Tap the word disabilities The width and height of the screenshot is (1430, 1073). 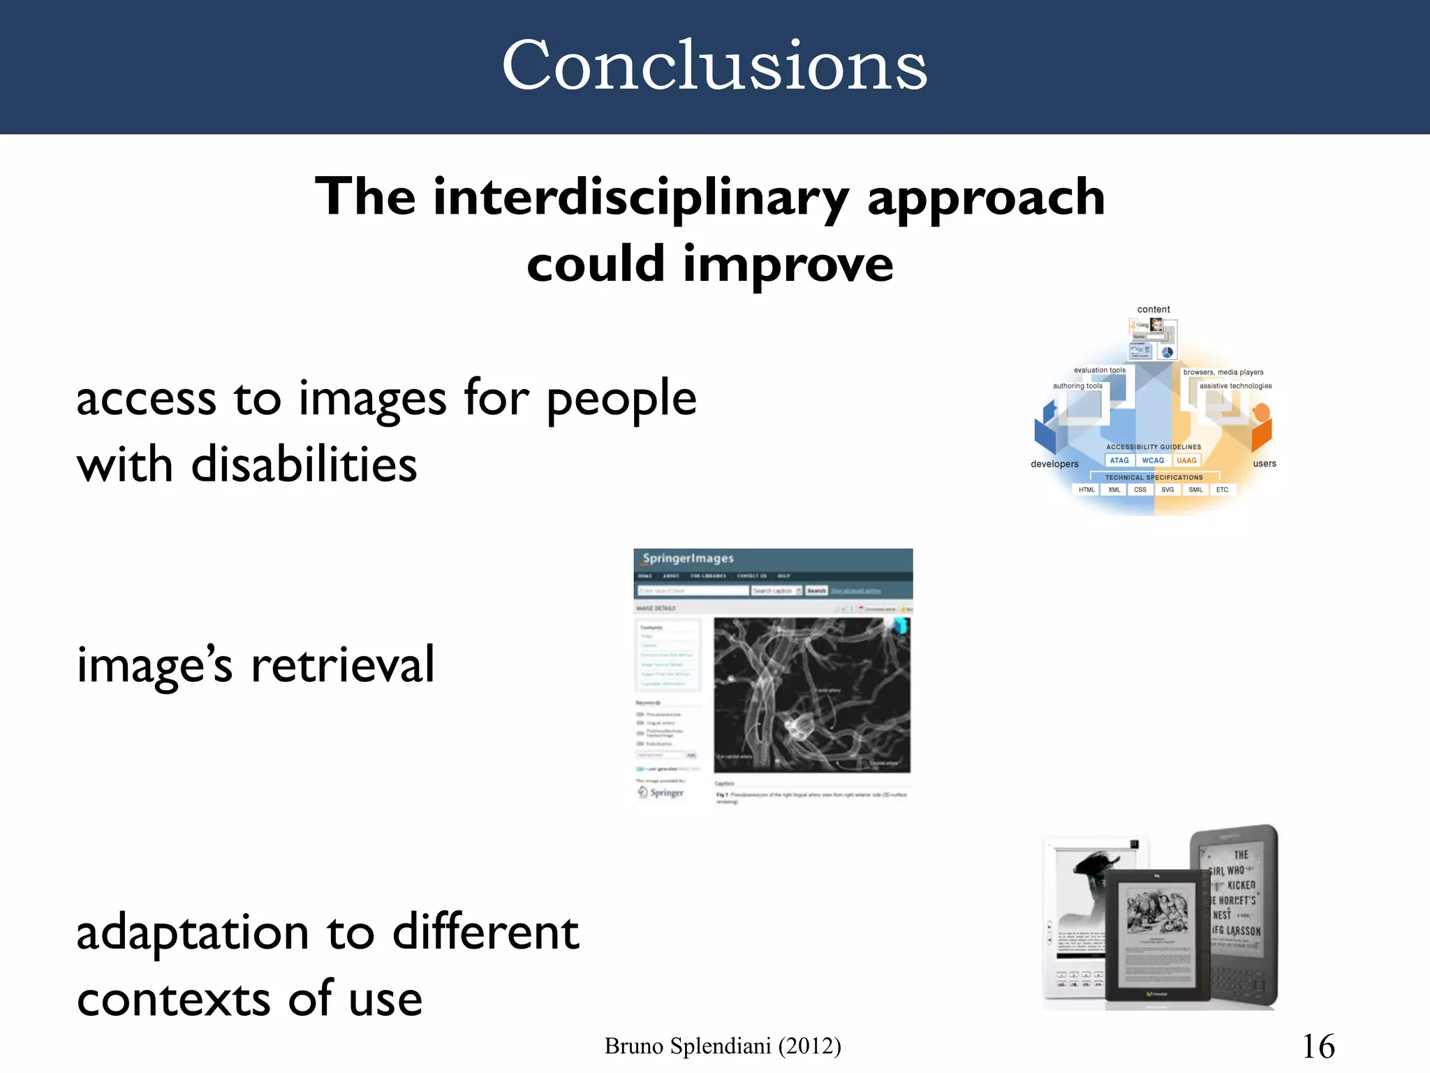pyautogui.click(x=304, y=465)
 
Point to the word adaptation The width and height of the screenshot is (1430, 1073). pyautogui.click(x=193, y=933)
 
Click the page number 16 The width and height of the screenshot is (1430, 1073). pyautogui.click(x=1318, y=1046)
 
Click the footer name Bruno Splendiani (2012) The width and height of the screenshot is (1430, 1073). pyautogui.click(x=722, y=1046)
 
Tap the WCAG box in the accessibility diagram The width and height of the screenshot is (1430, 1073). pyautogui.click(x=1153, y=460)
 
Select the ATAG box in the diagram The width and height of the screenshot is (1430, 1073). pyautogui.click(x=1119, y=460)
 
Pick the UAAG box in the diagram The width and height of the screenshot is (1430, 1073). pyautogui.click(x=1186, y=460)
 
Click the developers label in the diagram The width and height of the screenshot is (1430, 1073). pyautogui.click(x=1054, y=464)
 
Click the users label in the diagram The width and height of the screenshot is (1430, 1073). pyautogui.click(x=1265, y=463)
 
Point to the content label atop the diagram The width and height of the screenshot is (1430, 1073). pyautogui.click(x=1153, y=309)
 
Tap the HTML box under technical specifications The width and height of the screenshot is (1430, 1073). pyautogui.click(x=1086, y=490)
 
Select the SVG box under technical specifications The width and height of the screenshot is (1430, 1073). pyautogui.click(x=1167, y=490)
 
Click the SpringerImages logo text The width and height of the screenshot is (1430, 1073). pyautogui.click(x=688, y=559)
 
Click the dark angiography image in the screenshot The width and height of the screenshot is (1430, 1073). pyautogui.click(x=811, y=694)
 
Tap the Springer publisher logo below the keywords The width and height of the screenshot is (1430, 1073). pyautogui.click(x=661, y=792)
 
